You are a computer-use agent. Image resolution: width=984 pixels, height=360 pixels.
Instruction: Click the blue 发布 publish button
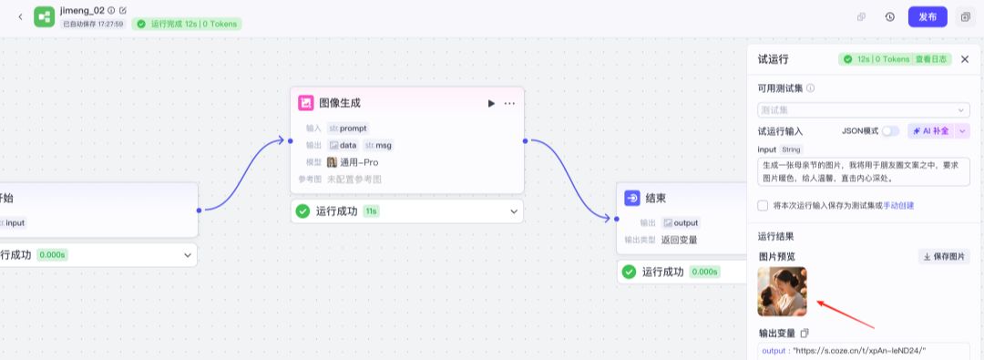928,16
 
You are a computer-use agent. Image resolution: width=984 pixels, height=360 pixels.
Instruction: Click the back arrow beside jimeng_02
20,16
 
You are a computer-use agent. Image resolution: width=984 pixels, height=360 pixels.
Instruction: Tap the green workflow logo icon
45,16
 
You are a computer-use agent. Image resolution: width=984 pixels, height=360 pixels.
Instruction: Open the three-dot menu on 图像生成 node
509,104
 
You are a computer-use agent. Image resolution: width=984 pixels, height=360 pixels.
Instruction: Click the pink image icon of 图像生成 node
306,103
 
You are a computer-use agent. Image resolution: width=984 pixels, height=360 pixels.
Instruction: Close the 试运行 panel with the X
965,59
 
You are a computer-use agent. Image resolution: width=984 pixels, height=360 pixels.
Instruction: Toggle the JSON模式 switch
890,131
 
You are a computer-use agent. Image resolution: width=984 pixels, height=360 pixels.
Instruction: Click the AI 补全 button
931,131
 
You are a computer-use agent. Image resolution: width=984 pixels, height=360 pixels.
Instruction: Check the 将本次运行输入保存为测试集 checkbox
764,205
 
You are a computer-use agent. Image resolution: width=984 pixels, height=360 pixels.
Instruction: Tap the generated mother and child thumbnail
782,291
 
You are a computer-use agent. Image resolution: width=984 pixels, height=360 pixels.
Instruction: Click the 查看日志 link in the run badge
932,59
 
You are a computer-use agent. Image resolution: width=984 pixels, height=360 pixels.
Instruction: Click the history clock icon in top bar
889,16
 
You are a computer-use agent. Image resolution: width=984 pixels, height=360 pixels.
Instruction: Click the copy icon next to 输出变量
805,334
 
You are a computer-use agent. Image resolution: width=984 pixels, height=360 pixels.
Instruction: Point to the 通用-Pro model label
359,162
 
